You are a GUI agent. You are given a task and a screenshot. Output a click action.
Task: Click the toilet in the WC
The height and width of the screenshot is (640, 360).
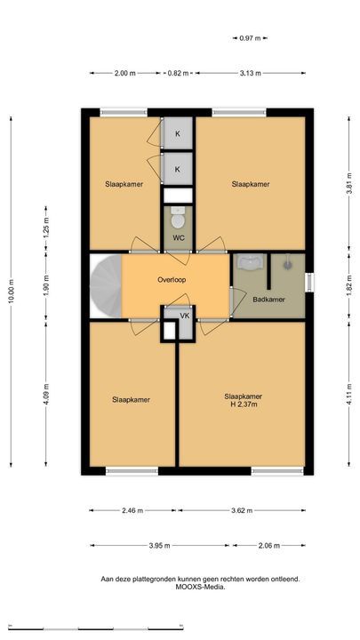point(178,218)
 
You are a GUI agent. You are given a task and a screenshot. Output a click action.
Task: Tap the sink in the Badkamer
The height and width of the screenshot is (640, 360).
point(250,263)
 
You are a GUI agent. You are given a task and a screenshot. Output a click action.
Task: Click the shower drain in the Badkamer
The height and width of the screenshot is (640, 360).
point(288,265)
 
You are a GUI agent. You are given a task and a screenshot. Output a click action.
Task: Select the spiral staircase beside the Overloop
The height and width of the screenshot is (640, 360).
point(105,285)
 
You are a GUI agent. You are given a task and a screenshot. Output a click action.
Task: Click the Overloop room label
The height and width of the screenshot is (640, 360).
point(172,280)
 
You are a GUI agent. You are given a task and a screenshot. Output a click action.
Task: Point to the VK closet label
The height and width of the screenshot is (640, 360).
point(185,316)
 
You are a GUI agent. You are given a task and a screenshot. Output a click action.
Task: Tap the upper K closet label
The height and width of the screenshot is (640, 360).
point(177,134)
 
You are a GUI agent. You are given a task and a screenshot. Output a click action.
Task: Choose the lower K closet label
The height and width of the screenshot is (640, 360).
point(177,169)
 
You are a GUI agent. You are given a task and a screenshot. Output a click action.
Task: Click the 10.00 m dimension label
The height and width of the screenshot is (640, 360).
point(12,291)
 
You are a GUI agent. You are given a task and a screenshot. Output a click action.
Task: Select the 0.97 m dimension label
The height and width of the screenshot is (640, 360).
point(250,38)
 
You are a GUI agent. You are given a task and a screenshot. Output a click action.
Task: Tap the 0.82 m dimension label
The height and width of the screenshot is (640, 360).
point(178,74)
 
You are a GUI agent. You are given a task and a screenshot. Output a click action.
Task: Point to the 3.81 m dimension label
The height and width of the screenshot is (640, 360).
point(349,185)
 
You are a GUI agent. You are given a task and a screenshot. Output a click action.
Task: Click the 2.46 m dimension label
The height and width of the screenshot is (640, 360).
point(132,510)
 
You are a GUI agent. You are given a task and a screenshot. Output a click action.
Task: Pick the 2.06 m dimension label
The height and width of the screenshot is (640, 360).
point(269,545)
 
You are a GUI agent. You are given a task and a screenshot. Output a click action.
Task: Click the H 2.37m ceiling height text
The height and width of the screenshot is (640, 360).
point(244,404)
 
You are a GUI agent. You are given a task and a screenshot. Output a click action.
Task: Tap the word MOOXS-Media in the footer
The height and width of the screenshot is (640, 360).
point(200,588)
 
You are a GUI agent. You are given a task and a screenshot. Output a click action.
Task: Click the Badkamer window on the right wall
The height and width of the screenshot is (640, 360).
point(310,282)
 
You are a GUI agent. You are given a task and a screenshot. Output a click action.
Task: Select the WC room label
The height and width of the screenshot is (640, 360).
point(177,237)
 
